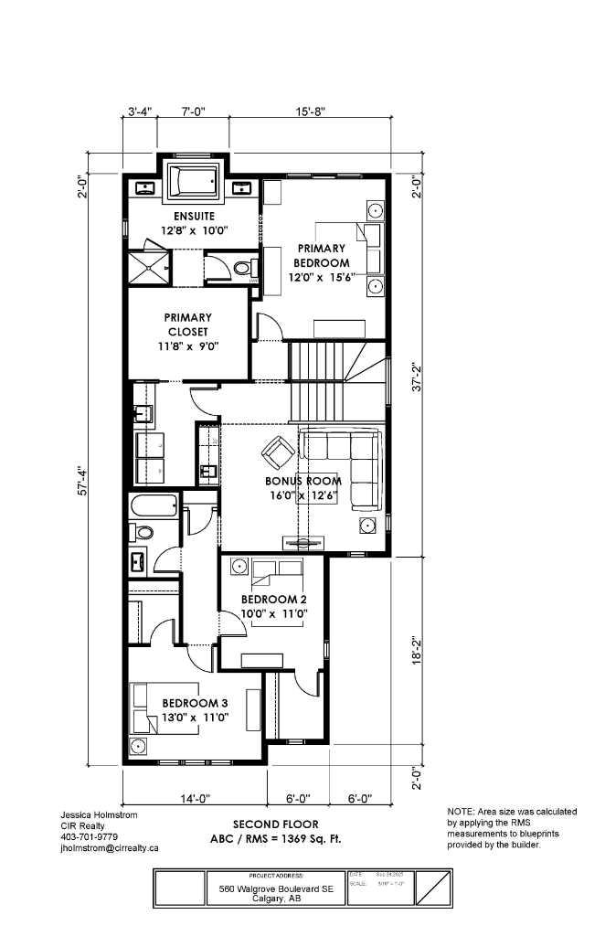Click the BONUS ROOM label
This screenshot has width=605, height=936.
pos(303,481)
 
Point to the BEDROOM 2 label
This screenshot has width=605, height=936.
pos(273,600)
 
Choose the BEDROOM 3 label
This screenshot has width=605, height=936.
pos(195,703)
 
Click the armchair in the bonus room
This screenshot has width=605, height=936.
pos(277,451)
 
